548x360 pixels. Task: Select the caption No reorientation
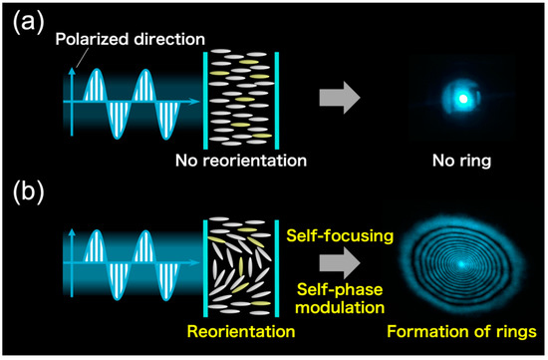coord(240,160)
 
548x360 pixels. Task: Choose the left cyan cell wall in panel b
coord(204,264)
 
